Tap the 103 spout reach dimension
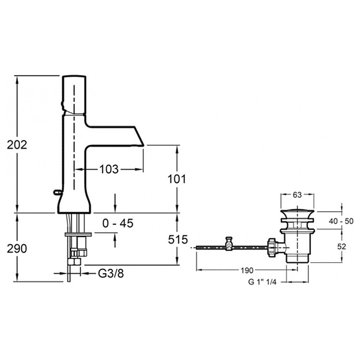[x=107, y=169]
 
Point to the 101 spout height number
[x=178, y=178]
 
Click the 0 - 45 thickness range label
[x=118, y=223]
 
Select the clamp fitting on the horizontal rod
[x=228, y=244]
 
